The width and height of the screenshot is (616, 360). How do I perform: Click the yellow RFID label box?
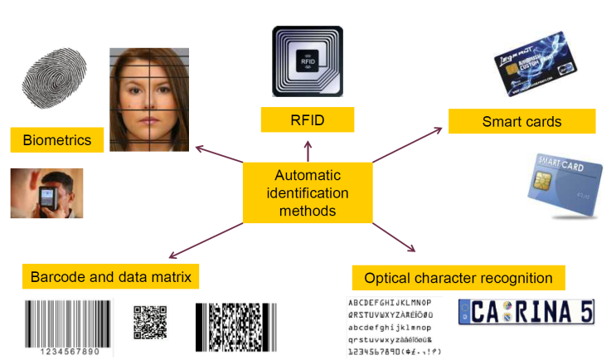tap(308, 121)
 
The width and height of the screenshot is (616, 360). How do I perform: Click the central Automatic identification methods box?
tap(307, 192)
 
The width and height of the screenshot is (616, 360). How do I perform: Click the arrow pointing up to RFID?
tap(308, 151)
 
